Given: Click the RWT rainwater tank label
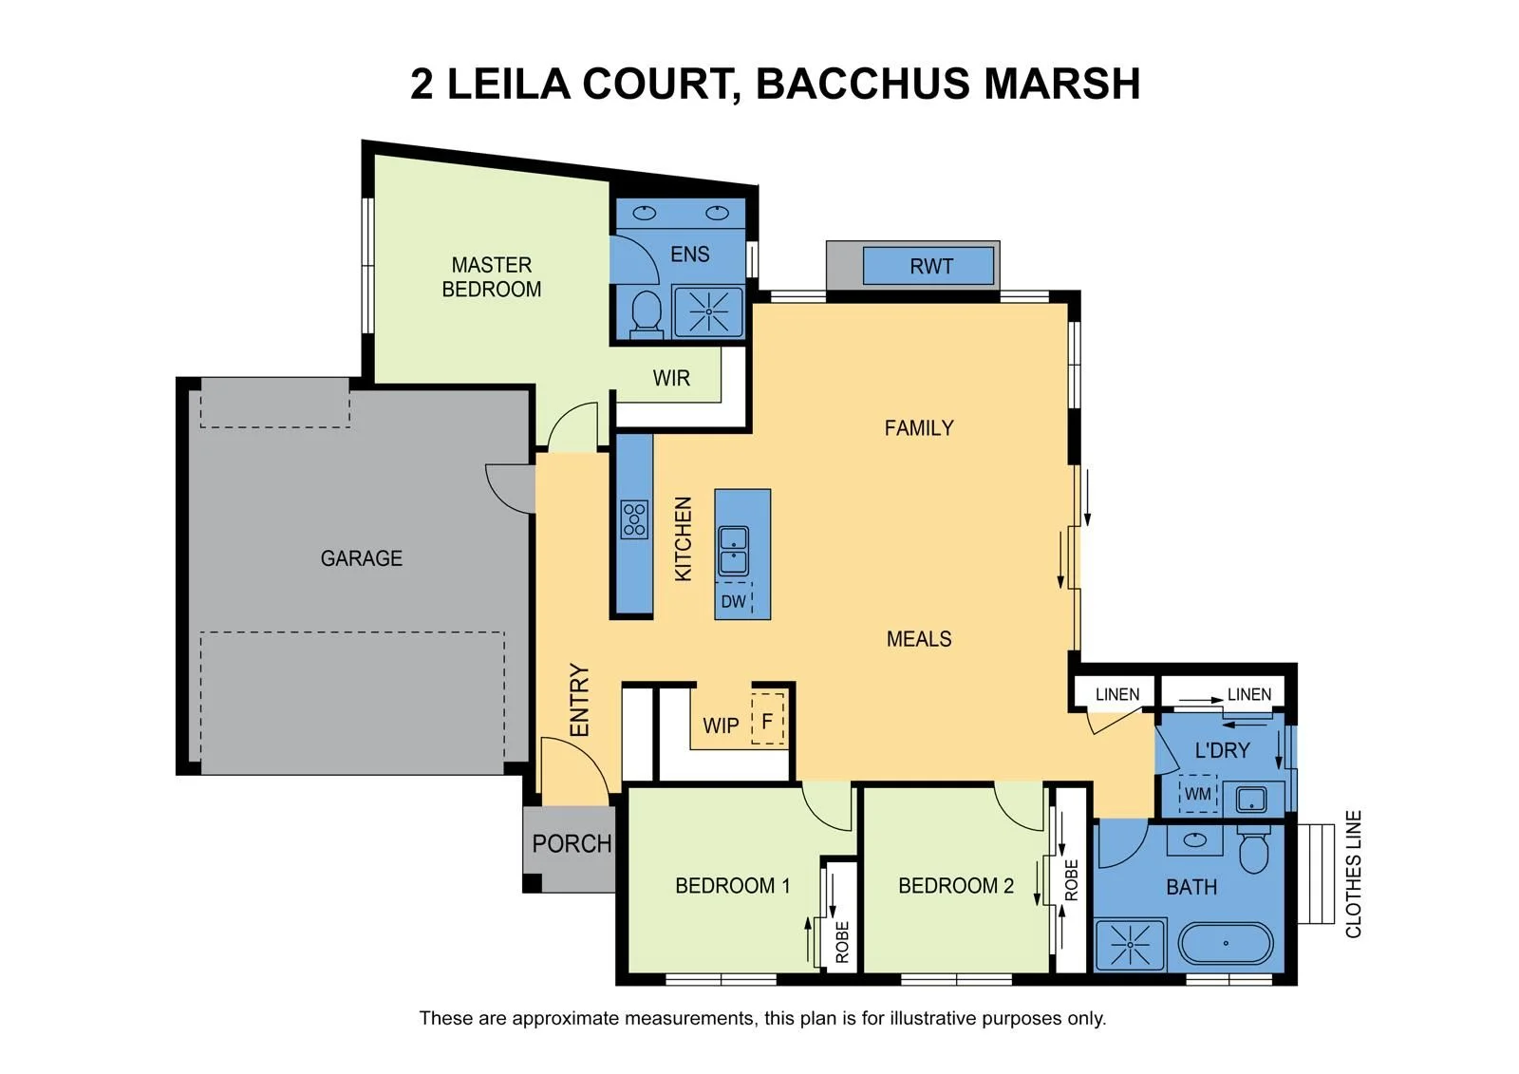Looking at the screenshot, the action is (931, 267).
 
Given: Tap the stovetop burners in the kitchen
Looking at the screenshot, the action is (634, 519).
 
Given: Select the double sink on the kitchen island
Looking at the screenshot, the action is (733, 552).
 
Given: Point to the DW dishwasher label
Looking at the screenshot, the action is (733, 602).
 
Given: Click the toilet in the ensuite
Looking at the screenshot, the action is (647, 315).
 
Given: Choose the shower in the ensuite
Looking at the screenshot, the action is (708, 311).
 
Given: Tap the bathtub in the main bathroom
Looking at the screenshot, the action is (1226, 943).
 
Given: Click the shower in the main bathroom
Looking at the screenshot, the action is (1130, 945).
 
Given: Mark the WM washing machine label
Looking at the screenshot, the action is (1197, 793).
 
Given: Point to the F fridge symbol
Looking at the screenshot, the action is (768, 721).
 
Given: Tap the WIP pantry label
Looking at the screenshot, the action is (721, 725).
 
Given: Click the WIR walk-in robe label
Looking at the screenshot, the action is (671, 378).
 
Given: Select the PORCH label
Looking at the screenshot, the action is (572, 843).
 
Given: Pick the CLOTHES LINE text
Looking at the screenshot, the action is (1353, 875).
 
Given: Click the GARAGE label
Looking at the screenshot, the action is (362, 558).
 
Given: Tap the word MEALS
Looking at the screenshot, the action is (919, 639).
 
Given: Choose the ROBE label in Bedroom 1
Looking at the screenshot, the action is (842, 942).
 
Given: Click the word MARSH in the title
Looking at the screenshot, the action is (1062, 84).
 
